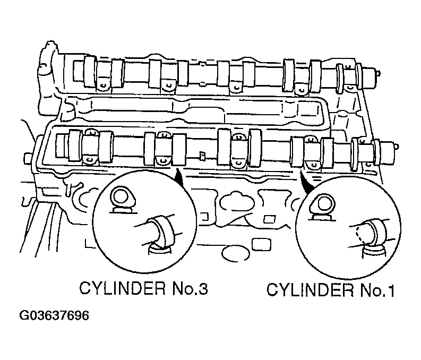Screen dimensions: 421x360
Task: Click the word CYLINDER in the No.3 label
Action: pyautogui.click(x=122, y=289)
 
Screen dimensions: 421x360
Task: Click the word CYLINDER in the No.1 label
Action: pyautogui.click(x=310, y=290)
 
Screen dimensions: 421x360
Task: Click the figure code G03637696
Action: pyautogui.click(x=54, y=316)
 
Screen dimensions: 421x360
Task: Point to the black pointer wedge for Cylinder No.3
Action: pyautogui.click(x=179, y=177)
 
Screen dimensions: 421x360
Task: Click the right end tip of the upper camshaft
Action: pyautogui.click(x=379, y=73)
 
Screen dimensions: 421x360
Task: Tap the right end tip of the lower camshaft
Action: pyautogui.click(x=397, y=147)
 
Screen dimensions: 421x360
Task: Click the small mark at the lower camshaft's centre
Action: pyautogui.click(x=202, y=156)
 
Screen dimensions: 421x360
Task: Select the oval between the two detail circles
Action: pyautogui.click(x=235, y=254)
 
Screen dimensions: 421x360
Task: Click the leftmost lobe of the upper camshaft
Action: pyautogui.click(x=90, y=72)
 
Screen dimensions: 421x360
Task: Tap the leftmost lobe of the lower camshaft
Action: pyautogui.click(x=75, y=145)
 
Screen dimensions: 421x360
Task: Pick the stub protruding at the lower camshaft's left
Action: pyautogui.click(x=28, y=158)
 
